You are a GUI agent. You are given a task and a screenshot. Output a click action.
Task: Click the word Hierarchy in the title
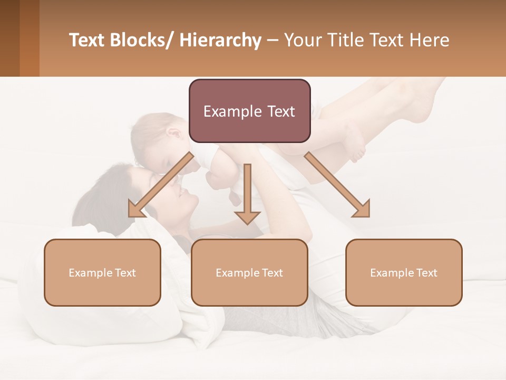click(220, 41)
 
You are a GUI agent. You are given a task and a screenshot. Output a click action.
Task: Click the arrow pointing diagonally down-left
click(158, 186)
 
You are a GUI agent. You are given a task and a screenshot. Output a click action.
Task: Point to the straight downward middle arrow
click(247, 195)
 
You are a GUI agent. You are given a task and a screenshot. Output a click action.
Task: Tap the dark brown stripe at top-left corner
click(9, 38)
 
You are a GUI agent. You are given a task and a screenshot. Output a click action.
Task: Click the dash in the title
click(273, 41)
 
